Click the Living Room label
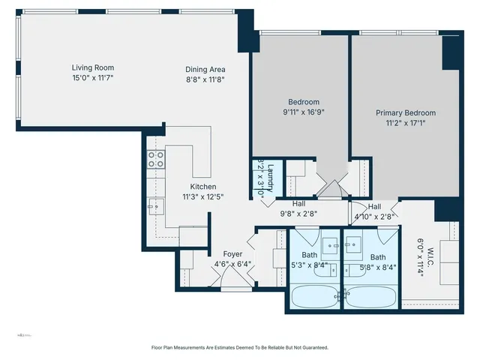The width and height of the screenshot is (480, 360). click(92, 67)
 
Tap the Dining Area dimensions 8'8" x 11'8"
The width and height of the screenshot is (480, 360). click(205, 79)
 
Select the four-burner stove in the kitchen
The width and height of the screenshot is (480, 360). click(156, 159)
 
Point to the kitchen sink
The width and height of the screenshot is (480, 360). click(155, 204)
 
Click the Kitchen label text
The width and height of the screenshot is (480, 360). click(202, 187)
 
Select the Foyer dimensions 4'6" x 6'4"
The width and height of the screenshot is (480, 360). click(233, 264)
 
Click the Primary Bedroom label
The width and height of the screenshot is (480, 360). click(405, 113)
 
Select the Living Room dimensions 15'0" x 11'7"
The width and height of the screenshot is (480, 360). click(92, 78)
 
